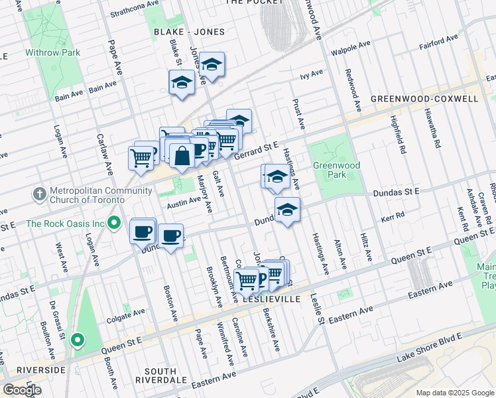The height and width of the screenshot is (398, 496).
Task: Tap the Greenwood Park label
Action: pos(329,170)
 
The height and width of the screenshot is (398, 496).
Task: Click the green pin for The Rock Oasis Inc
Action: pos(114,224)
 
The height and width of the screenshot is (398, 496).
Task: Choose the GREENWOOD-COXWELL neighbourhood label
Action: pos(424,99)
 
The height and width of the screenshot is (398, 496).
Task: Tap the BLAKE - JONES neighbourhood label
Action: pos(189,32)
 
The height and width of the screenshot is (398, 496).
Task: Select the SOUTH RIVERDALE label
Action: pos(156,375)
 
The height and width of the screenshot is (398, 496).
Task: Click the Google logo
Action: pos(22,390)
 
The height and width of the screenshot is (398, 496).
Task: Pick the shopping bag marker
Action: pos(181,157)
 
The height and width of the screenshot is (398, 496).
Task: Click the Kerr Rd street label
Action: pos(393,218)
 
